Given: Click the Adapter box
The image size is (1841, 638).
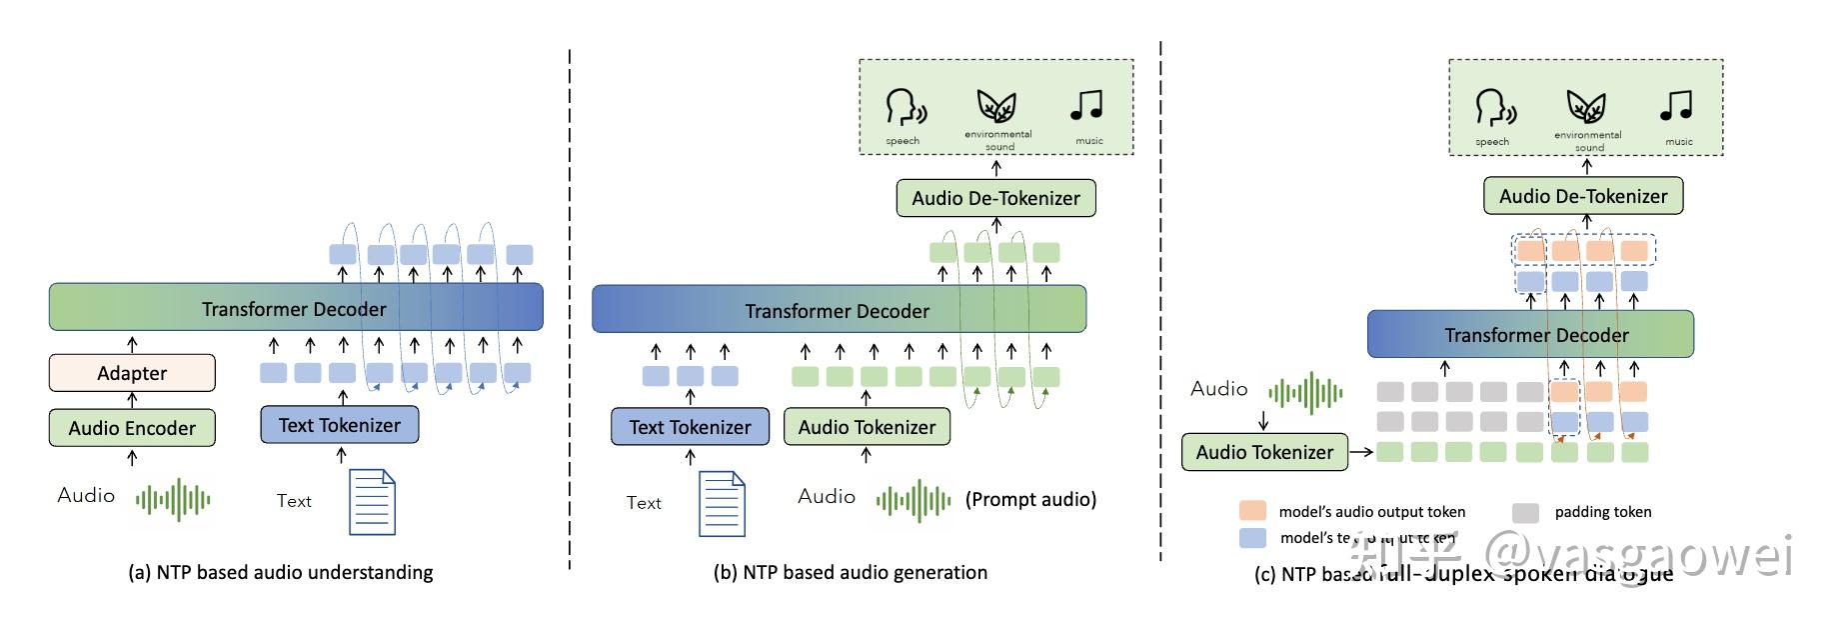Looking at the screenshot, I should (132, 373).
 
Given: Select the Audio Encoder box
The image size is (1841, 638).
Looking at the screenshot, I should (132, 428).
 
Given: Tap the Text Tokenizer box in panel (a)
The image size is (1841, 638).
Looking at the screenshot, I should (340, 425).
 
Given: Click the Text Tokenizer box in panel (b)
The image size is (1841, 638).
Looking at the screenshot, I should (690, 427).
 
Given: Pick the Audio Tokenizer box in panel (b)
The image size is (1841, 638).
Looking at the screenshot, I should (867, 427).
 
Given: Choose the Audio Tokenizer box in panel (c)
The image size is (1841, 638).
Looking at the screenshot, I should (1264, 452).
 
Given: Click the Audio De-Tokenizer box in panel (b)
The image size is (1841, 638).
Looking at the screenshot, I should (995, 198).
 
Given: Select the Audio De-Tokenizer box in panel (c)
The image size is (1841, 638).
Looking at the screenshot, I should (1583, 196).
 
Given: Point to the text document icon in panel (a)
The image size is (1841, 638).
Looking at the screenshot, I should (372, 502).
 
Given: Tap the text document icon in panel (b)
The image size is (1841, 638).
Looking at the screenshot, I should (722, 504).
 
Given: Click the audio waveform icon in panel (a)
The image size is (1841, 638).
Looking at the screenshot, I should (173, 499).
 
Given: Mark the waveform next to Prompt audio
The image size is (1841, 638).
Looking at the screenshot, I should (914, 501).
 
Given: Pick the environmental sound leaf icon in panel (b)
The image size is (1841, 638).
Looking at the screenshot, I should (996, 106).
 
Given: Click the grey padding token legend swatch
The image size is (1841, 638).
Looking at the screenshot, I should (1525, 513).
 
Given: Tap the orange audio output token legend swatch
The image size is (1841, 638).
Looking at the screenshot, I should (1252, 511).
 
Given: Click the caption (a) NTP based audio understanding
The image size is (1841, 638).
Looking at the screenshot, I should (281, 572).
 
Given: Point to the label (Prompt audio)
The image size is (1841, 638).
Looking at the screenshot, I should (1030, 499).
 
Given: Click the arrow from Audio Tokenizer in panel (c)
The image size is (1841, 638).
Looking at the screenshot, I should (1361, 452).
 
